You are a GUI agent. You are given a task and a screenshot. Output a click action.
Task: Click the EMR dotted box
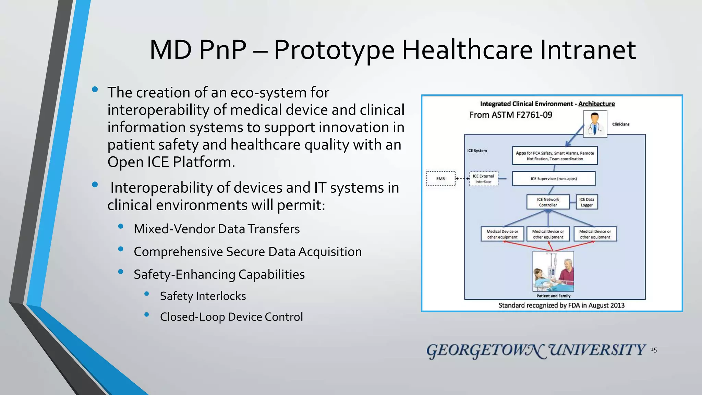441,179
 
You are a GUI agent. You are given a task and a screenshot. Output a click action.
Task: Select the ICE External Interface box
483,179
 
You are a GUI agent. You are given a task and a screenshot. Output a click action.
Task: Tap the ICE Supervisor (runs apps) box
554,179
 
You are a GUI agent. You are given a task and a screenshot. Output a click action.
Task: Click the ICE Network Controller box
548,202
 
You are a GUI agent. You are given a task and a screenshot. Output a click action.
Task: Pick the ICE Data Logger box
586,202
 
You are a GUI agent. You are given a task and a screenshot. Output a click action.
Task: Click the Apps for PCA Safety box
555,156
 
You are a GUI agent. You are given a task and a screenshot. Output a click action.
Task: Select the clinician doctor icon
595,124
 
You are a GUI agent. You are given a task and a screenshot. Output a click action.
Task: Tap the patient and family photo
553,271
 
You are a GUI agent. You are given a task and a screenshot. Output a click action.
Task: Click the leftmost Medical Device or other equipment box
502,234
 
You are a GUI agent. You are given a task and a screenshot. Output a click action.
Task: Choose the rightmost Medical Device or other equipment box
595,234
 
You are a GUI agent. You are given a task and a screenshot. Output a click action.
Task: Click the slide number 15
653,350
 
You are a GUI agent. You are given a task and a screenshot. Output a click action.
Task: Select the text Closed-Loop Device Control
231,317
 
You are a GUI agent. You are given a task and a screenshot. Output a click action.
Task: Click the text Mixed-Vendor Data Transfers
217,229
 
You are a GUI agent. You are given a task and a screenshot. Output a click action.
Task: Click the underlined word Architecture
596,104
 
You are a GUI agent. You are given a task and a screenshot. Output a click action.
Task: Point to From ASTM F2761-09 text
511,115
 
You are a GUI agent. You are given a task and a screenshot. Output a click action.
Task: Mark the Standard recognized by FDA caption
561,305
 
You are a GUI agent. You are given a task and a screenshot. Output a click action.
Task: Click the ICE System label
477,151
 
